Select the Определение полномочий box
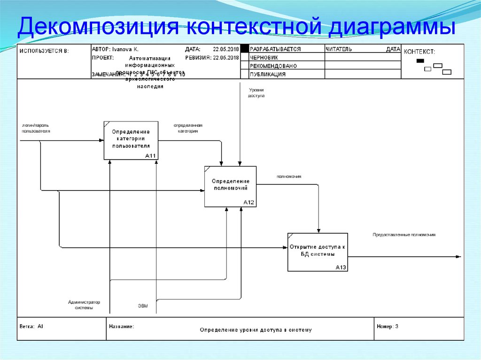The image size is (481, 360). [230, 186]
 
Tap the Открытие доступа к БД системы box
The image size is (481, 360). [318, 252]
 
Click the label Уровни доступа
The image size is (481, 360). [256, 92]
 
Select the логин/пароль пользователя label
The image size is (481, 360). [35, 128]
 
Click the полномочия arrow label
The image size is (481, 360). [289, 176]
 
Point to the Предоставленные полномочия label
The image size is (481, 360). [404, 234]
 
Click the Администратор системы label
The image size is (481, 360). [84, 305]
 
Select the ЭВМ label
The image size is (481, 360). [143, 306]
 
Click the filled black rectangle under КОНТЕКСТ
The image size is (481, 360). [420, 61]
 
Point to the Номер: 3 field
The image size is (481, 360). [388, 326]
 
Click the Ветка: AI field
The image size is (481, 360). [31, 326]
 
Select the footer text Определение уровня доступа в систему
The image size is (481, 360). [256, 329]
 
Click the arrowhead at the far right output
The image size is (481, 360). [458, 256]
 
